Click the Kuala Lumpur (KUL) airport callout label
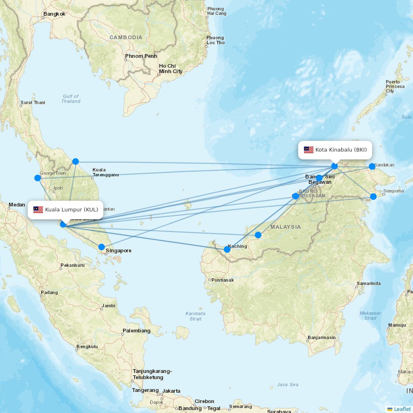click(x=66, y=209)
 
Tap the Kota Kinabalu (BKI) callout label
click(x=335, y=150)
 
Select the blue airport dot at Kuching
click(x=227, y=249)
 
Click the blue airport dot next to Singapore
click(x=102, y=247)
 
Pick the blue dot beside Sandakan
click(x=372, y=166)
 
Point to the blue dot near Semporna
click(x=373, y=197)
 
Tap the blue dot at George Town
click(x=38, y=178)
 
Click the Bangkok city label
click(x=54, y=14)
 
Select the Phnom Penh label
click(x=141, y=56)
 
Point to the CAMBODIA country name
click(x=126, y=38)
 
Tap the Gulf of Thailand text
click(x=71, y=99)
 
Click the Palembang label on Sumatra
click(x=136, y=331)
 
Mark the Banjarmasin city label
click(x=322, y=338)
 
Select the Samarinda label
click(x=368, y=284)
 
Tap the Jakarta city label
click(x=171, y=391)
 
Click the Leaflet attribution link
click(x=402, y=409)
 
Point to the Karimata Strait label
click(x=195, y=316)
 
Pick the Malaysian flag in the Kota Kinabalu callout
click(x=309, y=150)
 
